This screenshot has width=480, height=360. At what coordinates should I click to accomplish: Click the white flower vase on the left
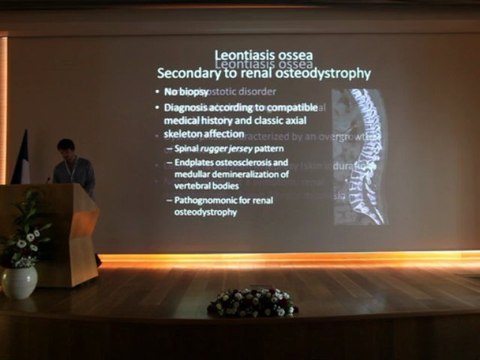(19, 281)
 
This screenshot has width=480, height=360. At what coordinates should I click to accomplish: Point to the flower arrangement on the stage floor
(252, 301)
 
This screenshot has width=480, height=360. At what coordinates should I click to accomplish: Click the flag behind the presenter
(21, 160)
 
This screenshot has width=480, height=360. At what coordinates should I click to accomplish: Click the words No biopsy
(183, 91)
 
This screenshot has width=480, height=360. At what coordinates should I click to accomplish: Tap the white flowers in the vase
(26, 244)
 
